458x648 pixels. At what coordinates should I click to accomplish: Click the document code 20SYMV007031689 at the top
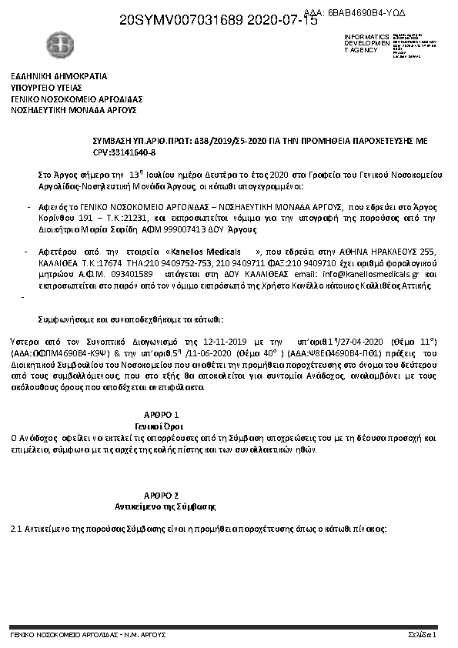pyautogui.click(x=182, y=22)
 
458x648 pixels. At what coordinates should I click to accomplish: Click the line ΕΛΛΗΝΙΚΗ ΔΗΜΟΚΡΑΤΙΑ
pyautogui.click(x=59, y=76)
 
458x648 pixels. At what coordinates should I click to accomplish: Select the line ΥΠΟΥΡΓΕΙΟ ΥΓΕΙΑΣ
pyautogui.click(x=48, y=88)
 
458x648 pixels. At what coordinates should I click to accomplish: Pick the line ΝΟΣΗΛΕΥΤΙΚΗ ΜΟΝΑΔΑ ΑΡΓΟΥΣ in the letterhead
pyautogui.click(x=73, y=110)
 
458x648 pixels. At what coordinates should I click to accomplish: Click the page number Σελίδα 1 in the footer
pyautogui.click(x=422, y=636)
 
